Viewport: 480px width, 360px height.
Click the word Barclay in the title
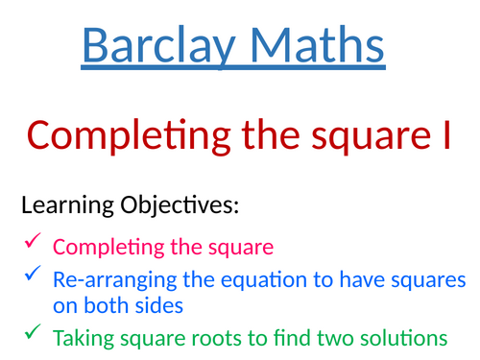coord(154,46)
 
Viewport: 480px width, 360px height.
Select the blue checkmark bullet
coord(32,277)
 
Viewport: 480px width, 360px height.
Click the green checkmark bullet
coord(32,336)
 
